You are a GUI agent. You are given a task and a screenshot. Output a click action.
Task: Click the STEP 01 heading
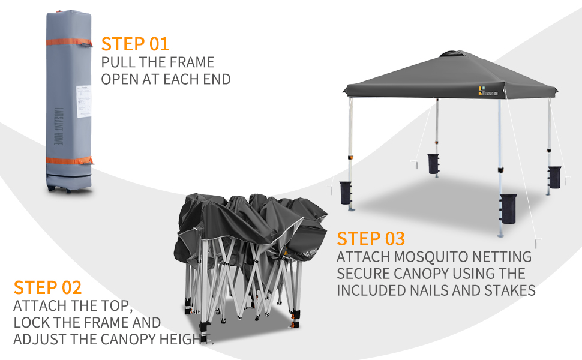(135, 44)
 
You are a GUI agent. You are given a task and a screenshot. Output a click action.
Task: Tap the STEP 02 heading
(47, 287)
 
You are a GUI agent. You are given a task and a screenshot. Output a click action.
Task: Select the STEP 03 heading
(371, 238)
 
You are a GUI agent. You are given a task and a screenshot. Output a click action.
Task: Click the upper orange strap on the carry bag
(68, 43)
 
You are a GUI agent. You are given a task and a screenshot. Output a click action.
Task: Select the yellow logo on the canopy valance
(481, 91)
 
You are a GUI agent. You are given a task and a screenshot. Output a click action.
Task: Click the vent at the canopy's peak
(451, 53)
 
